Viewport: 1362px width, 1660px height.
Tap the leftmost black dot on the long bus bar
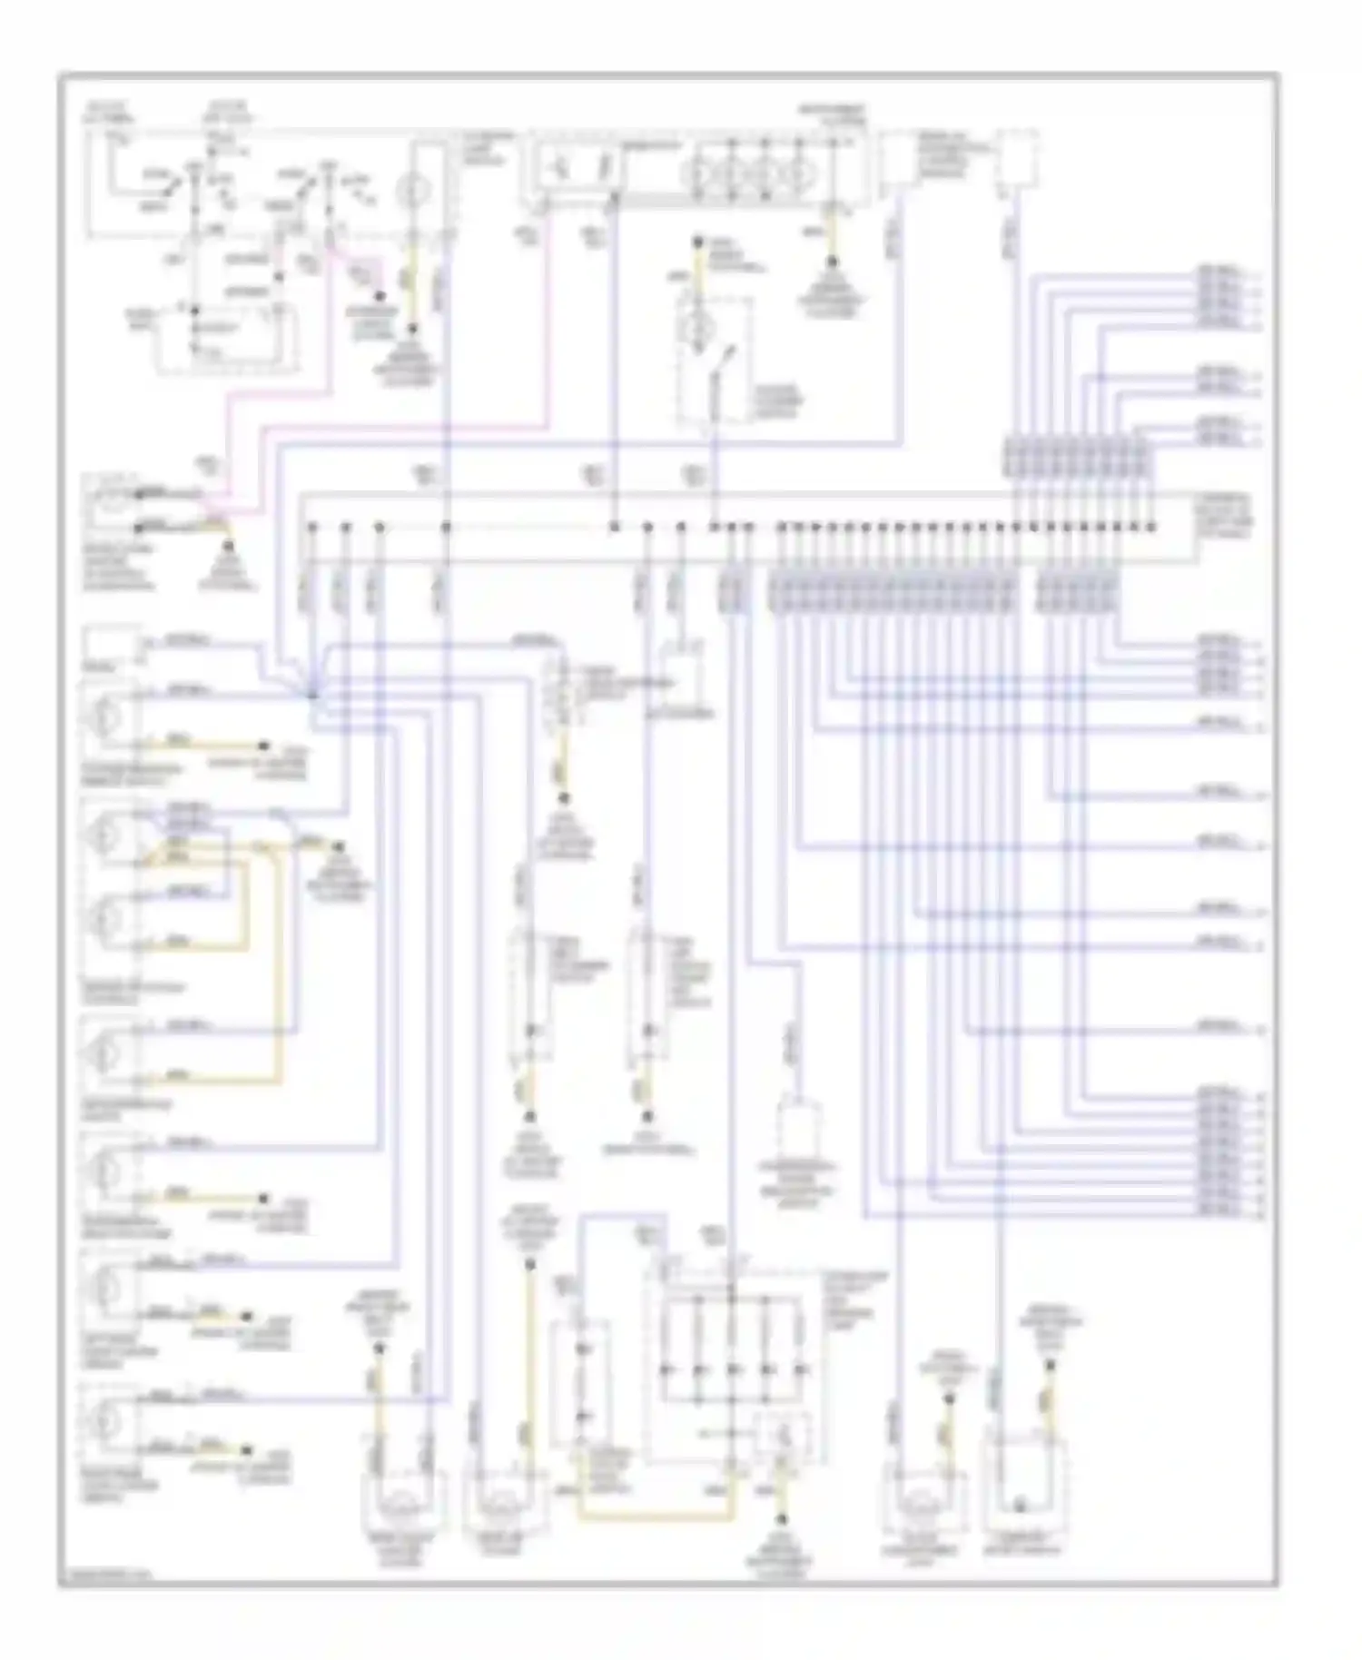coord(311,527)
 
